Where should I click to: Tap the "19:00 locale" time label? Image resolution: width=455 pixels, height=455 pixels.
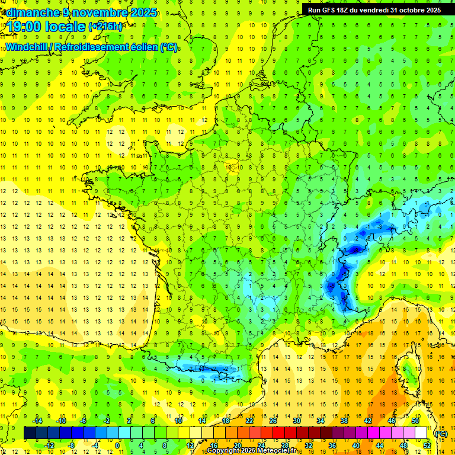point(44,26)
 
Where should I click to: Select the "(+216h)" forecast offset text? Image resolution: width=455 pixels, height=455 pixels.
point(105,27)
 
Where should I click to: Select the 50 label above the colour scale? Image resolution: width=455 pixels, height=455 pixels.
point(415,421)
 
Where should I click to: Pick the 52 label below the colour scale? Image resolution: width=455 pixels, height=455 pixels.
point(427,446)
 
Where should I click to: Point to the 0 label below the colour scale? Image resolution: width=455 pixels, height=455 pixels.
point(117,446)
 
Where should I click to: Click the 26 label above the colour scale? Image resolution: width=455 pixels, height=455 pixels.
point(273,421)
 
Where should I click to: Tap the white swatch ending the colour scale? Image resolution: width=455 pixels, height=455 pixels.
point(421,433)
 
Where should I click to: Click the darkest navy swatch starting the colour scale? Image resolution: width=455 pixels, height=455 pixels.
point(30,433)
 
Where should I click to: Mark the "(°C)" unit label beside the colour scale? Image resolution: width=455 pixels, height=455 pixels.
point(441,434)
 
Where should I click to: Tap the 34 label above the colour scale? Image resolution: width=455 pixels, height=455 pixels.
point(321,421)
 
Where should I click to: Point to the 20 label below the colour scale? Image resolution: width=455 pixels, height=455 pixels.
point(237,446)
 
